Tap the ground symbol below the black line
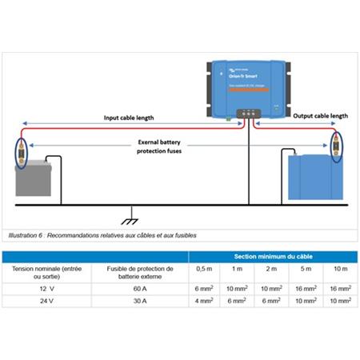(x=126, y=218)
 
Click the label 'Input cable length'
(x=130, y=118)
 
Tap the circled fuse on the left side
(x=22, y=152)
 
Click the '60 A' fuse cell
(x=141, y=287)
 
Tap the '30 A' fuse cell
(x=141, y=302)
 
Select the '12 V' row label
(x=46, y=287)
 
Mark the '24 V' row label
(x=46, y=302)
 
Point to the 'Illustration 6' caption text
(x=100, y=236)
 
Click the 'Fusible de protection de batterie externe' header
(x=141, y=270)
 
